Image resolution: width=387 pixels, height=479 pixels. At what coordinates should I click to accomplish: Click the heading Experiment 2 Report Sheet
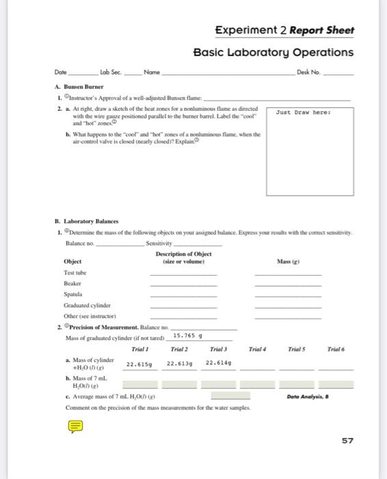[284, 31]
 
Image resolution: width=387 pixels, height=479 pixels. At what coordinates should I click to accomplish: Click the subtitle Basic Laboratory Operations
[273, 53]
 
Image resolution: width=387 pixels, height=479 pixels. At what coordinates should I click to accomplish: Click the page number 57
[347, 441]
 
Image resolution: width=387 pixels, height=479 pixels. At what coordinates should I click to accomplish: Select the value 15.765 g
[188, 336]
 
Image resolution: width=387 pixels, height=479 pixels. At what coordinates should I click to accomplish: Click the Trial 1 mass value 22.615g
[140, 363]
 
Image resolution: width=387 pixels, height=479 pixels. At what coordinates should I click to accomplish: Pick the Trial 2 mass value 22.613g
[180, 363]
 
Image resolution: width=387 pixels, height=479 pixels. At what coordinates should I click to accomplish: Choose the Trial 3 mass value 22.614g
[219, 363]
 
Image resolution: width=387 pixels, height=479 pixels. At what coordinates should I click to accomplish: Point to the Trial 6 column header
[337, 350]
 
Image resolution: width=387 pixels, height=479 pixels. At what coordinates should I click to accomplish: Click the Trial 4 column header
[258, 350]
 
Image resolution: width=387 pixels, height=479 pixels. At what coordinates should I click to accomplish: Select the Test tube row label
[74, 272]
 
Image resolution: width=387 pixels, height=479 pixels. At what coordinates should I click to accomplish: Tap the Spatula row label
[73, 294]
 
